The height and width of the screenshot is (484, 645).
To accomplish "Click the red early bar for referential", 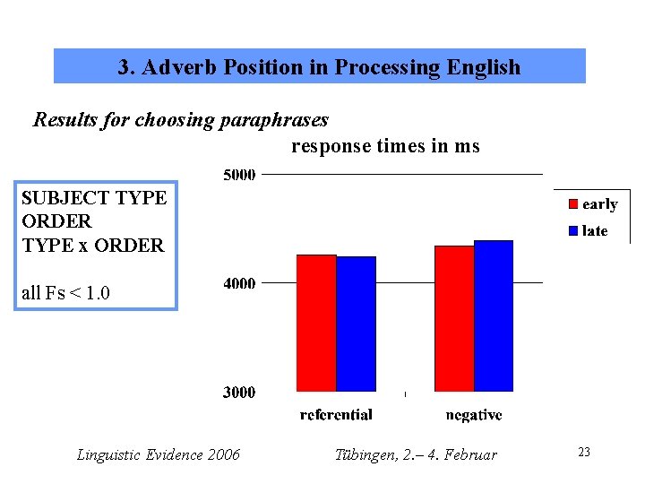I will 316,323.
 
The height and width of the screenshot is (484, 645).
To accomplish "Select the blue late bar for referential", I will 356,324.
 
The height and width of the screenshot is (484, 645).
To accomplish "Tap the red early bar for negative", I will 454,318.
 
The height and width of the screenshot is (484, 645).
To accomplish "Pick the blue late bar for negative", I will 494,315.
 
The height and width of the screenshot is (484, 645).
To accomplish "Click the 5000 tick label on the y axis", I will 239,174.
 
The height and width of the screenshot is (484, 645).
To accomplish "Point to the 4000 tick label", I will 239,283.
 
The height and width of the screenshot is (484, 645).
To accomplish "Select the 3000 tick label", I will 239,393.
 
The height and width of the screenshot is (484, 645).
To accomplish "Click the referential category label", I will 336,415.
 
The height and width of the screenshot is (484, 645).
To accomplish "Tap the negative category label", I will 474,415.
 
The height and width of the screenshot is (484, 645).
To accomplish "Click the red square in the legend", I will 573,204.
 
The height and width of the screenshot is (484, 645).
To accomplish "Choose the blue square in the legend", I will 573,231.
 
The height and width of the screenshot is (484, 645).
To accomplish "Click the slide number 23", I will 584,453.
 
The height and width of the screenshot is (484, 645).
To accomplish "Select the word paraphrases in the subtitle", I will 274,119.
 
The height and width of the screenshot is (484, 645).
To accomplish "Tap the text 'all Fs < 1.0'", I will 65,292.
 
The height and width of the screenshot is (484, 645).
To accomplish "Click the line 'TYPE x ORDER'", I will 93,245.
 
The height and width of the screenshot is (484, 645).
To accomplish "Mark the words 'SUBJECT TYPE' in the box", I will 94,197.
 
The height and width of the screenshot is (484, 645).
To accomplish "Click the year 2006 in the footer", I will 223,455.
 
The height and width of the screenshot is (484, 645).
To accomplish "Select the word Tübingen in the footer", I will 364,455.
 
